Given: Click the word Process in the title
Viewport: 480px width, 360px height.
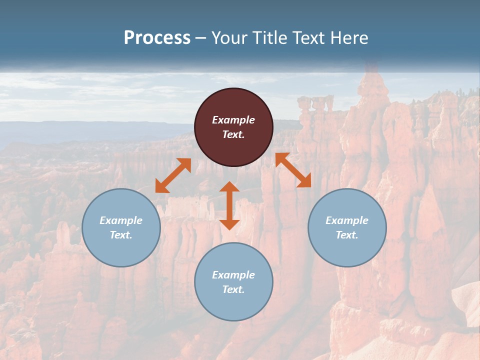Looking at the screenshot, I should click(x=157, y=38).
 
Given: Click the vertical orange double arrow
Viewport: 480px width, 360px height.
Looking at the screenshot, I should click(x=229, y=205).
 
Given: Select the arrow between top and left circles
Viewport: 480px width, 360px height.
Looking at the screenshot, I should click(x=173, y=175).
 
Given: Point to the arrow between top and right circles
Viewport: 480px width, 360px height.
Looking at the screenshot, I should click(x=293, y=170).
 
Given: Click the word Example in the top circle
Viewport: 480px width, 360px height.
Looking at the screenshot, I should click(x=233, y=120).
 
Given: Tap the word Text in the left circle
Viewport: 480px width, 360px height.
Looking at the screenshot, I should click(x=121, y=235).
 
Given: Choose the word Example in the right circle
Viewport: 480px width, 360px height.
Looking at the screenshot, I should click(x=347, y=220).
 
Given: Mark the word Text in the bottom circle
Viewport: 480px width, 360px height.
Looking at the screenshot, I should click(x=233, y=289).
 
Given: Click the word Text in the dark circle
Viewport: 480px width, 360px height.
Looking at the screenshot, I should click(x=233, y=134).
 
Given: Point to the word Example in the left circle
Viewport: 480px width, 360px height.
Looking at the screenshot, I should click(x=121, y=220).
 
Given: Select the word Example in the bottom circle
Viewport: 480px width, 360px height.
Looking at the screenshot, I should click(x=233, y=275).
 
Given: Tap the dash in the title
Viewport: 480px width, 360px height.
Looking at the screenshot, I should click(x=201, y=38).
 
